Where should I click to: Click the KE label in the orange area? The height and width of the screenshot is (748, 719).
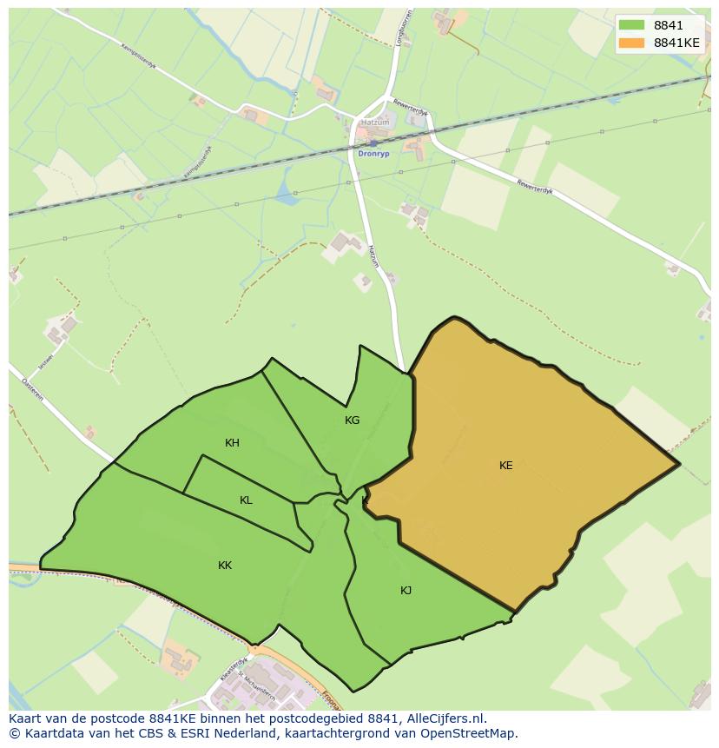pos(505,466)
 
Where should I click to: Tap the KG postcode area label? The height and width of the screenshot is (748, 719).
pos(352,420)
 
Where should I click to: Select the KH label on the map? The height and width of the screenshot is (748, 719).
pos(232,443)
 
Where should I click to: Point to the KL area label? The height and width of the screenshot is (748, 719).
pos(246,500)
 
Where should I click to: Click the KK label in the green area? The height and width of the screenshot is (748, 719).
pos(225,566)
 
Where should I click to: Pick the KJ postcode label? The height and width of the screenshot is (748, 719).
pos(406,591)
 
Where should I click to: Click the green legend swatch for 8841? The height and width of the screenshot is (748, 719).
pos(632,25)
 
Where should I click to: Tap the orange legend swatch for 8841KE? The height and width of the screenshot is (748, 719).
pos(632,43)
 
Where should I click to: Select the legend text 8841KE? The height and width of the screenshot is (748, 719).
pos(676,43)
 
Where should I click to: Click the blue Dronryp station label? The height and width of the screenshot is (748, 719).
pos(374,154)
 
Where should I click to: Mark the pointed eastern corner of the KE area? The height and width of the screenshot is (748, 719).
pos(678,465)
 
